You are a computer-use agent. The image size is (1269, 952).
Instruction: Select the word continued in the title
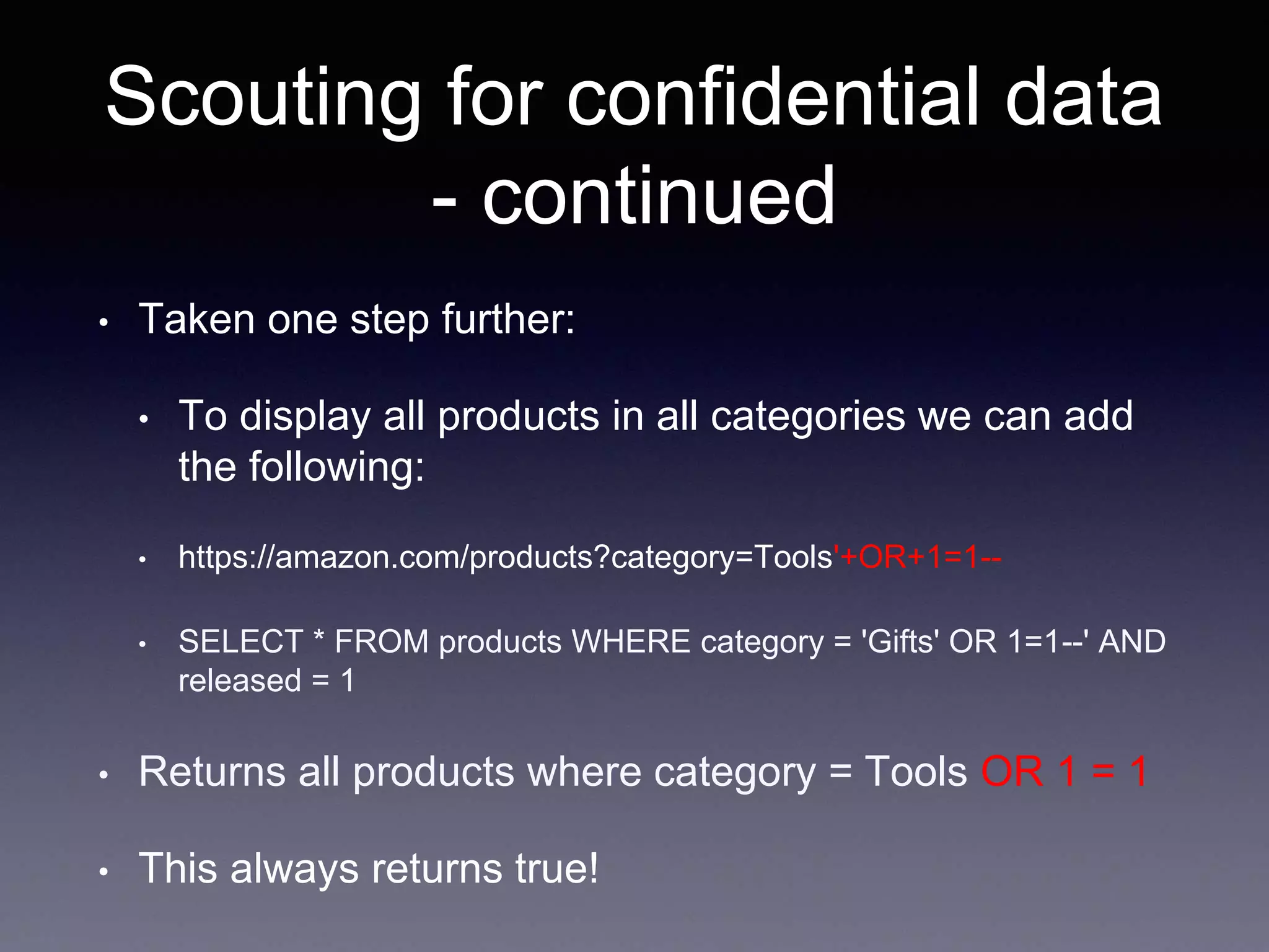point(659,197)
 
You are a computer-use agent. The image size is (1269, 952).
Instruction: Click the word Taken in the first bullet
point(196,320)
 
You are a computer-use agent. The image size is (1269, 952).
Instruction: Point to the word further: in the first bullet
point(508,320)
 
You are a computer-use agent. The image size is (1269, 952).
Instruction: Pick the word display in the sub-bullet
point(305,416)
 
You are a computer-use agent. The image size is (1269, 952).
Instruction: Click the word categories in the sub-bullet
point(807,416)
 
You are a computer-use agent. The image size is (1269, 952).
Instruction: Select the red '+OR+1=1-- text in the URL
point(917,557)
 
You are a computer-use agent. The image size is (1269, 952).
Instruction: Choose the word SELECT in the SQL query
point(240,641)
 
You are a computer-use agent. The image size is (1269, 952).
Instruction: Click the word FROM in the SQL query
point(382,641)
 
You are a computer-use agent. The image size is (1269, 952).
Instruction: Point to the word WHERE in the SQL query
point(631,641)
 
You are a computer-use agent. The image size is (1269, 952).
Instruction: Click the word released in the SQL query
point(240,681)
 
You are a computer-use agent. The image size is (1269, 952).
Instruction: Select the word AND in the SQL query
point(1131,641)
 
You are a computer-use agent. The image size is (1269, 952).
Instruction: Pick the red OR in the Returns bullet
point(1012,772)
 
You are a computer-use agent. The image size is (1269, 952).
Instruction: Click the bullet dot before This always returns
point(104,872)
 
